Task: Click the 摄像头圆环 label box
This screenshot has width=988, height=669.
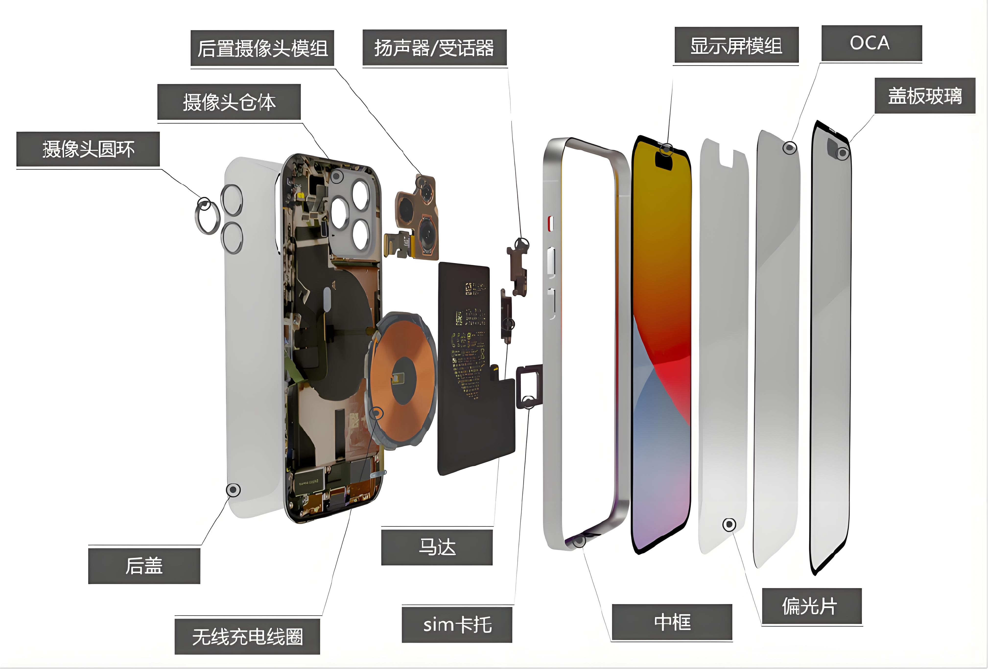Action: click(x=88, y=149)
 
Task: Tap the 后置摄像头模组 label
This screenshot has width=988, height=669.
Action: click(x=262, y=48)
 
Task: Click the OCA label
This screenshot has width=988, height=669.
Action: click(x=871, y=43)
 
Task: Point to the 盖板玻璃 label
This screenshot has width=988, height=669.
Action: click(x=925, y=96)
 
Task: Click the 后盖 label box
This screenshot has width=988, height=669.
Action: click(x=144, y=566)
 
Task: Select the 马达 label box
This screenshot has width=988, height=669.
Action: click(x=437, y=547)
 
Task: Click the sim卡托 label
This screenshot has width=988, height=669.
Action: click(x=457, y=625)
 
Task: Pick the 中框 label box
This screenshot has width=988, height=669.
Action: click(x=672, y=622)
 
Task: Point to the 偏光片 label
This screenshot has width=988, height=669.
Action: click(x=812, y=606)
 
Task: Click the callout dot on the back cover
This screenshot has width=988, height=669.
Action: click(x=233, y=490)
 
